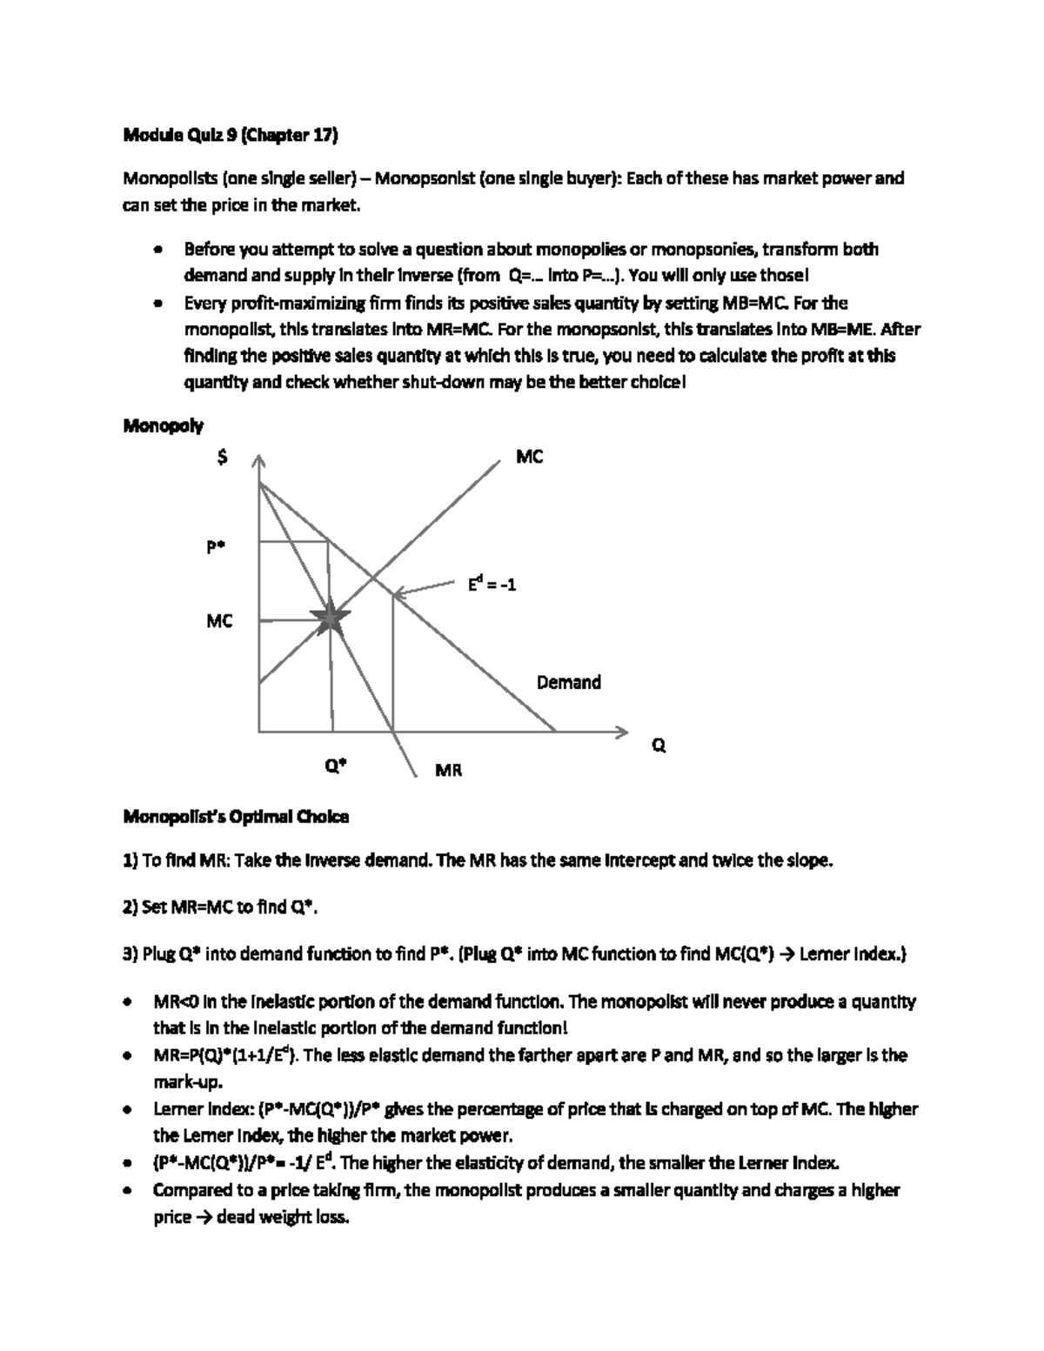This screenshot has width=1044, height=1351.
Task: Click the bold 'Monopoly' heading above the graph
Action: pos(163,426)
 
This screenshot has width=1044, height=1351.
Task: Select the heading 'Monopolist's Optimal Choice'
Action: pos(236,817)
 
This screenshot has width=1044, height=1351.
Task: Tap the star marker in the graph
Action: pos(331,619)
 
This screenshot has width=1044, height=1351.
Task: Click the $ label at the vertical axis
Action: pos(224,458)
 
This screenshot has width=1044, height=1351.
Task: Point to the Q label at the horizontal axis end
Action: pos(659,746)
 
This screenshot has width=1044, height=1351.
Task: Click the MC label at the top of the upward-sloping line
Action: pos(529,457)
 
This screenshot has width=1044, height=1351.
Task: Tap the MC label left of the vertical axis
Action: pos(219,621)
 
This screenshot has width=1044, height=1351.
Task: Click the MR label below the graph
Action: pos(448,770)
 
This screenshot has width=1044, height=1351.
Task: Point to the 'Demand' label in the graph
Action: pos(568,683)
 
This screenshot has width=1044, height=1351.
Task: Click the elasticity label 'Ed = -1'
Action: pos(492,585)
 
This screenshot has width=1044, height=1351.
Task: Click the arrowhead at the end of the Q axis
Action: pos(620,732)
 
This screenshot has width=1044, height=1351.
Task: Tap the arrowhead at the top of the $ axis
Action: pos(258,461)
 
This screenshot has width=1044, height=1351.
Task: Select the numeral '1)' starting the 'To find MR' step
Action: pos(130,861)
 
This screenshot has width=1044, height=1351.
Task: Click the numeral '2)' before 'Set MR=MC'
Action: pos(130,907)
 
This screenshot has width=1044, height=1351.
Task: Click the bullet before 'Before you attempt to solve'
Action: pos(157,251)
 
